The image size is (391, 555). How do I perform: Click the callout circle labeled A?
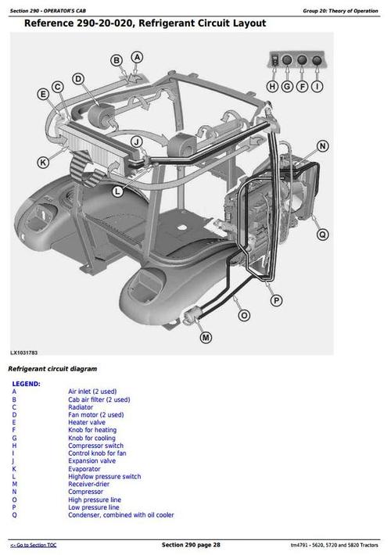(x=137, y=57)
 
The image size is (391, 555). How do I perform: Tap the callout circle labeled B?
(x=117, y=61)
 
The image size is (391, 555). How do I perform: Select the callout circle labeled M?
(x=206, y=338)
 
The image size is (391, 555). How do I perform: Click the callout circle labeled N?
(x=323, y=146)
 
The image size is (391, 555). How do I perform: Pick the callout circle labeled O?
(x=245, y=315)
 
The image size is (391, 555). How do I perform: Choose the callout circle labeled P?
(x=276, y=300)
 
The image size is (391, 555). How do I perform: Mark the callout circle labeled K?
(x=42, y=163)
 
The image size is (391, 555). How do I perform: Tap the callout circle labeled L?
(x=117, y=191)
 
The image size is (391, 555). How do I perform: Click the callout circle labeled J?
(x=136, y=141)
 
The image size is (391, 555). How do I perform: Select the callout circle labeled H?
(x=272, y=87)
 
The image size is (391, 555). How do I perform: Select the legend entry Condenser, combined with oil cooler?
(x=121, y=515)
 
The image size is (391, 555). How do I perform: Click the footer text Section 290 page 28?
(x=191, y=544)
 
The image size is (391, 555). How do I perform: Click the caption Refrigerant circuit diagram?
(x=52, y=368)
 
